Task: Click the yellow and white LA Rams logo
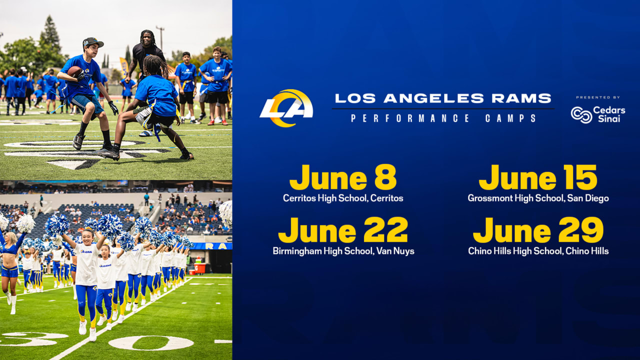click(x=286, y=108)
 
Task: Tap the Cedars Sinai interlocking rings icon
click(x=581, y=114)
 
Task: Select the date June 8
click(x=343, y=177)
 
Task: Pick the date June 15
click(x=538, y=177)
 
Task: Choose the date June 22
click(x=343, y=230)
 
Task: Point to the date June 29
click(x=538, y=230)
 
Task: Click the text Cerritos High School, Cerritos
click(x=343, y=198)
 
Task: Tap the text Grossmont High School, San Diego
click(x=538, y=198)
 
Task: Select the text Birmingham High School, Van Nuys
click(x=343, y=251)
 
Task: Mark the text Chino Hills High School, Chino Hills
click(x=538, y=251)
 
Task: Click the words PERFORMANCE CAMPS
click(x=443, y=118)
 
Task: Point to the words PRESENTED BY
click(x=597, y=97)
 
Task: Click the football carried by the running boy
click(x=74, y=71)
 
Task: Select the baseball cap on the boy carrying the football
click(x=92, y=42)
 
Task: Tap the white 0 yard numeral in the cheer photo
click(x=150, y=342)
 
